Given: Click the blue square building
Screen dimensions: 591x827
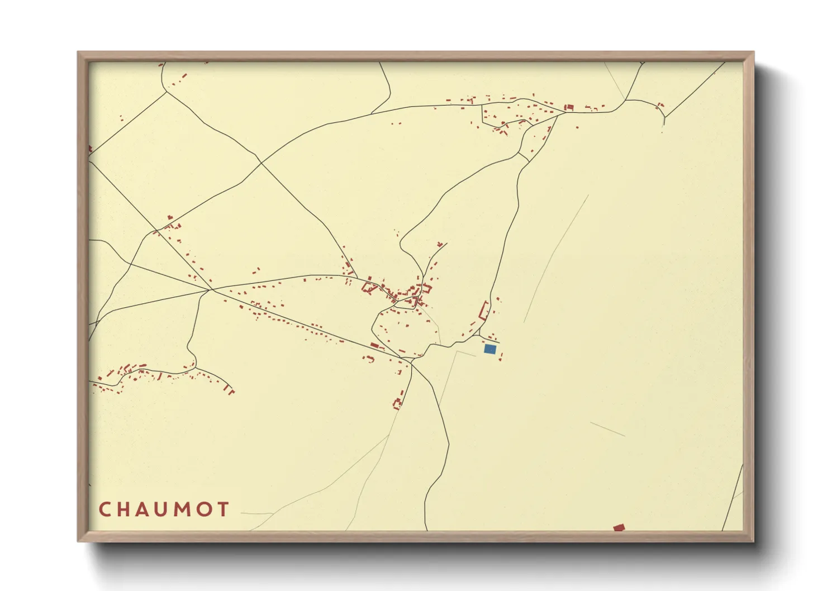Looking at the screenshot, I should click(x=489, y=349).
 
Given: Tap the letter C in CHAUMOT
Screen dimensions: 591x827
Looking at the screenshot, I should click(x=104, y=509).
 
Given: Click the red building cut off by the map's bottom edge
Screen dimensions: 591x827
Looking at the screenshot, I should click(x=619, y=527).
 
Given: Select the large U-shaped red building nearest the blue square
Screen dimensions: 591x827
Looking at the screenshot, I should click(x=484, y=310).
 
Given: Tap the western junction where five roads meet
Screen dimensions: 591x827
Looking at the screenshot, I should click(x=212, y=290).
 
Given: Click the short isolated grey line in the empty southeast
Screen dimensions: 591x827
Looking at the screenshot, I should click(x=607, y=429).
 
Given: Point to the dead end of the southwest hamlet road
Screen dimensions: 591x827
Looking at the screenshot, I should click(x=231, y=391).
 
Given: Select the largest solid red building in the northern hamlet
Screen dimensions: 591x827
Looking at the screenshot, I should click(x=569, y=107).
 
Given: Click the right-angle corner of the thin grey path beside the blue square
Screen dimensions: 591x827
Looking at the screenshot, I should click(x=458, y=351).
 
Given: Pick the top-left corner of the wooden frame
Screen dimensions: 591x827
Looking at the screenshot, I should click(x=78, y=53).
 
